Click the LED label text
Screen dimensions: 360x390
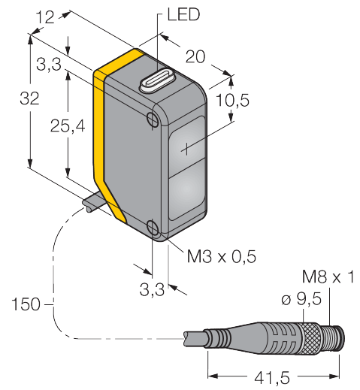pos(183,14)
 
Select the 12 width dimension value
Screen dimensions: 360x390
pos(45,17)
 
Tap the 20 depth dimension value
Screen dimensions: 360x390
pos(195,56)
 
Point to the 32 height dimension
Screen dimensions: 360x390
pos(29,98)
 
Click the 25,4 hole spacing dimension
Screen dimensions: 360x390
pos(68,125)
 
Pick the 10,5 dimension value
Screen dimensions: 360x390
pos(233,100)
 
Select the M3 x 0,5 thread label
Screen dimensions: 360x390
pos(222,256)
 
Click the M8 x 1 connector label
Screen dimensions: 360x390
pos(328,277)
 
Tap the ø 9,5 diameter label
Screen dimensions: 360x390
pos(301,299)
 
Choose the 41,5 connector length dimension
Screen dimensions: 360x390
pos(272,377)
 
